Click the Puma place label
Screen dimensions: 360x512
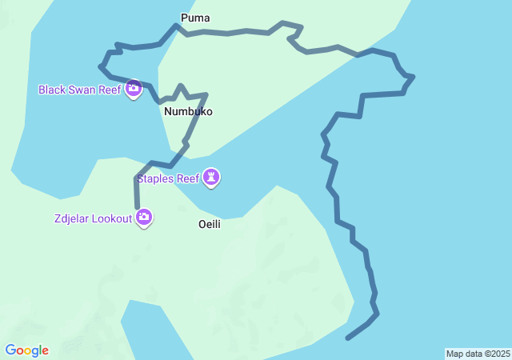196,18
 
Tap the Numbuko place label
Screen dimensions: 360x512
188,112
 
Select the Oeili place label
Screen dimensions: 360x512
210,225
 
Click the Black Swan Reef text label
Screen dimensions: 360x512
80,90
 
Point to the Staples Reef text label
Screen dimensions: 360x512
168,179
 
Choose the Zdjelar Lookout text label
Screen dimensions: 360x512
93,218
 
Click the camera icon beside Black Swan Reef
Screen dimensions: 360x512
134,87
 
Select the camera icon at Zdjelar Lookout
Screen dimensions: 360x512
144,216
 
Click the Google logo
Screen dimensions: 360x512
26,350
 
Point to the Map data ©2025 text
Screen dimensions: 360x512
478,354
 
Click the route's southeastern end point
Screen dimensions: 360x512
347,338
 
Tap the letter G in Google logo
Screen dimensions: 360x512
10,350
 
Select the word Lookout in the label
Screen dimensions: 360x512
111,218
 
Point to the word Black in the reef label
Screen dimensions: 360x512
52,90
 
